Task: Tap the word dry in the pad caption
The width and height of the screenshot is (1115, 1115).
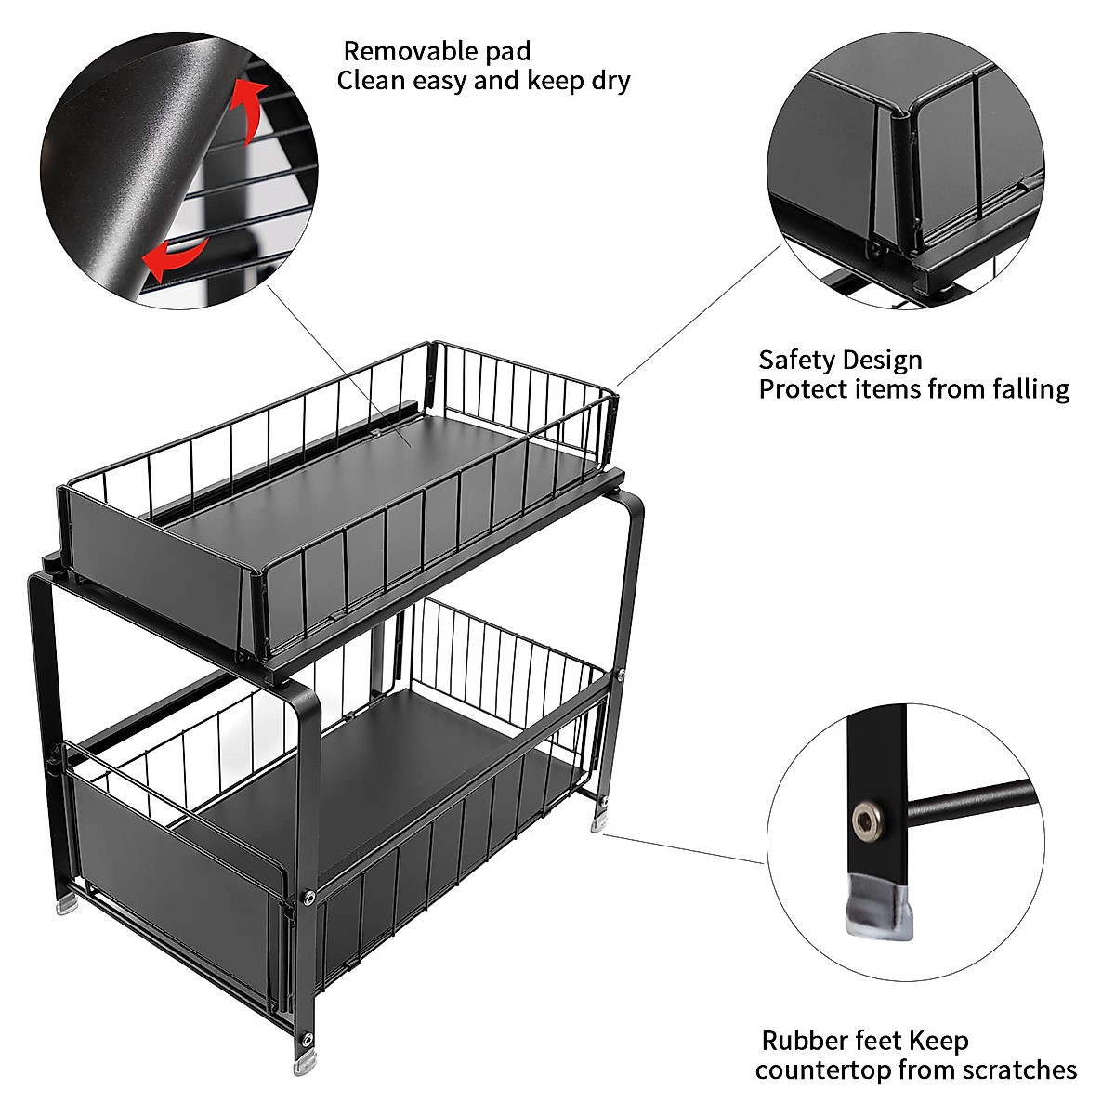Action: [610, 81]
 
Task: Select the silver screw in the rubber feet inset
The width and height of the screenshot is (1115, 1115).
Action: [866, 820]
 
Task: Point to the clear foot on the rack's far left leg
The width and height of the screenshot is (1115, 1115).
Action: [67, 903]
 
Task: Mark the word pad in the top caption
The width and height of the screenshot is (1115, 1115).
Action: [508, 51]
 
